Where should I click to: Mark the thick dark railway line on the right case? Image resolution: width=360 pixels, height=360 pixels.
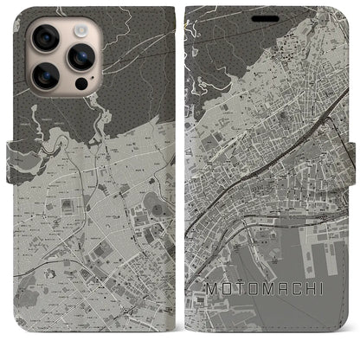[x=260, y=164]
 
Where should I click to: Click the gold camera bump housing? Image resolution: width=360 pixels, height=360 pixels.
[x=61, y=54]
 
